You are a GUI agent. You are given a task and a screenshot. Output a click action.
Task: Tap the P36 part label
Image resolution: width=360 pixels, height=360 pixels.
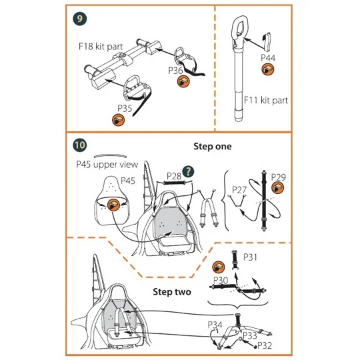click(175, 69)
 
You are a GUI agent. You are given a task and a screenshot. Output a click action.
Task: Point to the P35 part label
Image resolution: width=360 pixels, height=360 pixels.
click(125, 107)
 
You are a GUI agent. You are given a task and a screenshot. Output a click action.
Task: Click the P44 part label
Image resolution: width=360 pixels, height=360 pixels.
click(268, 58)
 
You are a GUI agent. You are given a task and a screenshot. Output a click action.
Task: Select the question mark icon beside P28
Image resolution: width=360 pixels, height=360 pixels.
click(198, 177)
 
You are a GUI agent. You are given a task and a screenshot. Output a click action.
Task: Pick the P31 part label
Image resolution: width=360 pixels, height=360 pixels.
click(251, 257)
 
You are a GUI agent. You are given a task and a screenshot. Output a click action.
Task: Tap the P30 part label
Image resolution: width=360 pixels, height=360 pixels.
click(221, 280)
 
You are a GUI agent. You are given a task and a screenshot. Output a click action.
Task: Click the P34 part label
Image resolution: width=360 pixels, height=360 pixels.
click(215, 325)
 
